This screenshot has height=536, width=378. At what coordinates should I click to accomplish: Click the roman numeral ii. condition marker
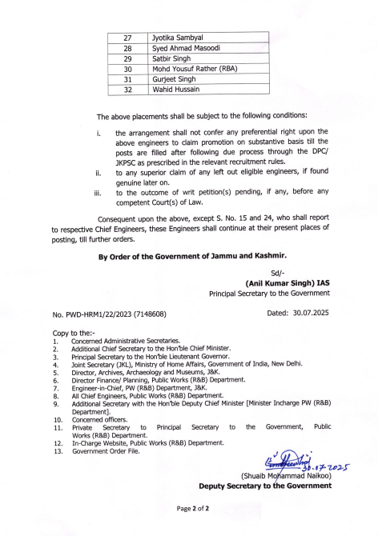(99, 172)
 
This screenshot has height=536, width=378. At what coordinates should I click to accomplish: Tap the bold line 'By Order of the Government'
(192, 257)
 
